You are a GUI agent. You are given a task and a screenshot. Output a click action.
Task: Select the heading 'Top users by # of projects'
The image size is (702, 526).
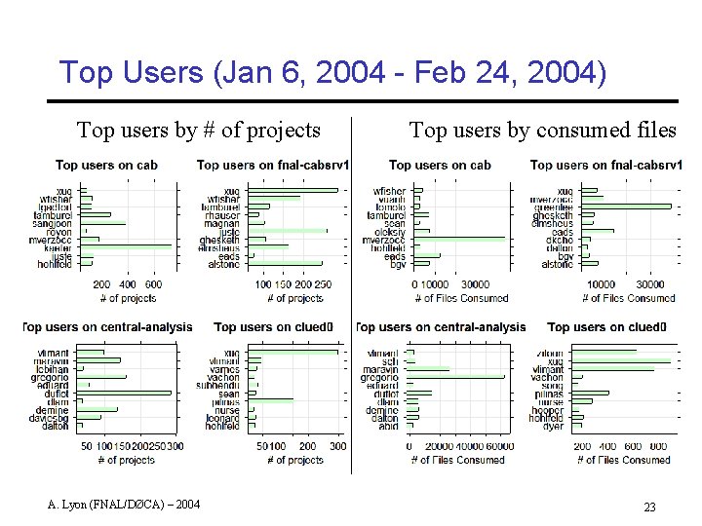point(199,130)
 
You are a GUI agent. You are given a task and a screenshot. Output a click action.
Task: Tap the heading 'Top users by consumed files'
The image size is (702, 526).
point(542,130)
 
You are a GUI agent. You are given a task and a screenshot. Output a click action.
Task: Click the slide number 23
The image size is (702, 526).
point(650,507)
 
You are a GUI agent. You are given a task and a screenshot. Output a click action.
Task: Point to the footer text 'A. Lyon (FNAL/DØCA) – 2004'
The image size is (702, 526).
point(125,504)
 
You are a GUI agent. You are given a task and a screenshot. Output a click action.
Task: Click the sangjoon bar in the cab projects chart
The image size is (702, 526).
point(102,223)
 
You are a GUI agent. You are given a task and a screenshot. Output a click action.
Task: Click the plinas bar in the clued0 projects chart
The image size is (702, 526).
point(270,400)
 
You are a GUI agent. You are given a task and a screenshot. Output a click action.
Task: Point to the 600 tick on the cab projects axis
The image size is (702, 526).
point(155,284)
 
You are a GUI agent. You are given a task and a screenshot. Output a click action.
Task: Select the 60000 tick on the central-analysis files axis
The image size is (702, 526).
point(498,446)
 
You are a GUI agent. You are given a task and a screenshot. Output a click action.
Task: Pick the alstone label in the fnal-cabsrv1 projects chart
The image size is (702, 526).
point(223,264)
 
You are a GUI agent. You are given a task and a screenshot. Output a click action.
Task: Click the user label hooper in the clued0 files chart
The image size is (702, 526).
point(548,410)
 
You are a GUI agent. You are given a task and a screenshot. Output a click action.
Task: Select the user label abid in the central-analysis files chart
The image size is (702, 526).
point(389,426)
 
